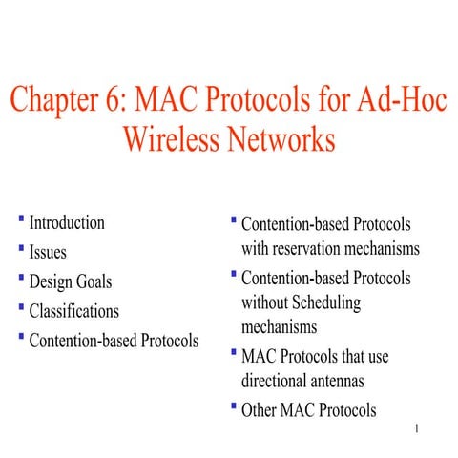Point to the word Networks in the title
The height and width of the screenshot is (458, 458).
[x=283, y=140]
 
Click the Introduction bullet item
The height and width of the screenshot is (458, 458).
[x=67, y=223]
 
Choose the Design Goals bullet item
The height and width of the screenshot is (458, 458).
[x=71, y=281]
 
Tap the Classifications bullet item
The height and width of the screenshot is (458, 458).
[x=74, y=311]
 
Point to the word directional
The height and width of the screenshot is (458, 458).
[x=280, y=381]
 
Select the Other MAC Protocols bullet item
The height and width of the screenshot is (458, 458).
[x=309, y=410]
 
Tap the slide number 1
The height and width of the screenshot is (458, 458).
[x=418, y=428]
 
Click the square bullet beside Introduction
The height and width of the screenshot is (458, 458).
[x=21, y=220]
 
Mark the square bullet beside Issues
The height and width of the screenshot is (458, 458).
[x=21, y=250]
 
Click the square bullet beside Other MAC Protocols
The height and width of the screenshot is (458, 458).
[x=234, y=407]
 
